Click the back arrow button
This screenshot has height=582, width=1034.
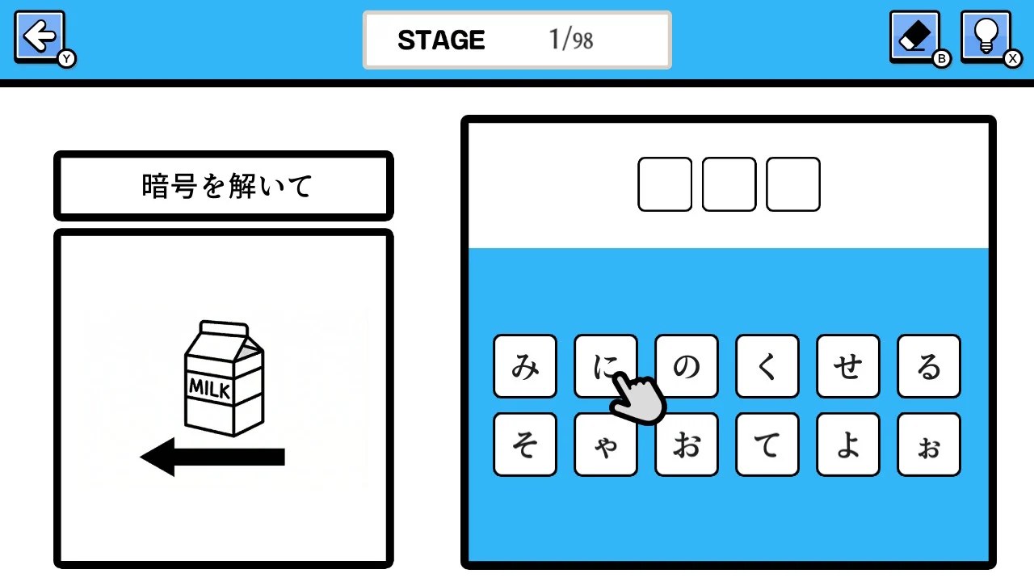click(x=40, y=37)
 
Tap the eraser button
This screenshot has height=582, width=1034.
click(x=914, y=37)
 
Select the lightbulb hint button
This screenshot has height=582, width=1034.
click(x=986, y=37)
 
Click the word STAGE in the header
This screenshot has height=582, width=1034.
click(x=441, y=40)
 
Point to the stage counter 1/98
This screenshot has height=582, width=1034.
click(x=571, y=40)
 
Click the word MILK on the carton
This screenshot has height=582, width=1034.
click(x=209, y=389)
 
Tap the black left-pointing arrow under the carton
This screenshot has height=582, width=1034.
click(x=212, y=457)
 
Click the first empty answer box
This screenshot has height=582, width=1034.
click(x=665, y=184)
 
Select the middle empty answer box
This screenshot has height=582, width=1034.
click(x=729, y=184)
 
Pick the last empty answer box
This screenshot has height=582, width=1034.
click(x=793, y=184)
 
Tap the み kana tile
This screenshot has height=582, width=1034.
click(x=525, y=366)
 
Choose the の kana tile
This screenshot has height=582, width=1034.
click(x=687, y=366)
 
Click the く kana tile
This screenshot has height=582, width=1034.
click(x=767, y=366)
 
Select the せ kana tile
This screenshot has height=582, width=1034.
click(x=848, y=366)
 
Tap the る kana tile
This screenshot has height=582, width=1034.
click(x=929, y=366)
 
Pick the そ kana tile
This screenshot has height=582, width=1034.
click(x=525, y=445)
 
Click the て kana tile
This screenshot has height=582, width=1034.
click(x=767, y=445)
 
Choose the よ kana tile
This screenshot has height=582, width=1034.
click(x=848, y=445)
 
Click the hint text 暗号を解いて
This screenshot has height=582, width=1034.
click(x=227, y=186)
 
